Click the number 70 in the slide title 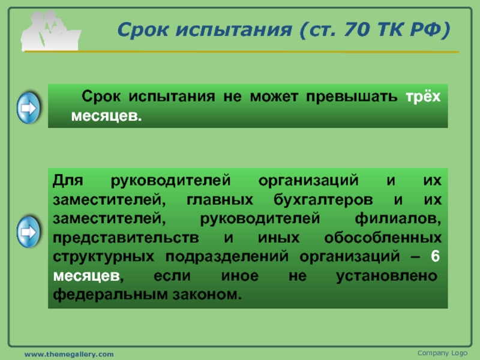pyautogui.click(x=356, y=29)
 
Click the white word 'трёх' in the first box pyautogui.click(x=423, y=97)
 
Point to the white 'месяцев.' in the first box pyautogui.click(x=107, y=116)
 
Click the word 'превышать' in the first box pyautogui.click(x=352, y=97)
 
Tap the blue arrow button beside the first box pyautogui.click(x=28, y=108)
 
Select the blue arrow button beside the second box pyautogui.click(x=28, y=232)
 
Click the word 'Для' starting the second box pyautogui.click(x=68, y=181)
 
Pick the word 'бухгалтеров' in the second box pyautogui.click(x=323, y=200)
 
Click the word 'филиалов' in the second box pyautogui.click(x=398, y=219)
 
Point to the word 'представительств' pyautogui.click(x=126, y=238)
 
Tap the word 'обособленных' pyautogui.click(x=383, y=238)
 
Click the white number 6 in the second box pyautogui.click(x=436, y=256)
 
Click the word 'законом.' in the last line pyautogui.click(x=207, y=295)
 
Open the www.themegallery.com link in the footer pyautogui.click(x=69, y=354)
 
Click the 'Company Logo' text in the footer pyautogui.click(x=442, y=353)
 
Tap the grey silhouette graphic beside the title pyautogui.click(x=50, y=31)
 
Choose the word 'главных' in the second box pyautogui.click(x=220, y=200)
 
